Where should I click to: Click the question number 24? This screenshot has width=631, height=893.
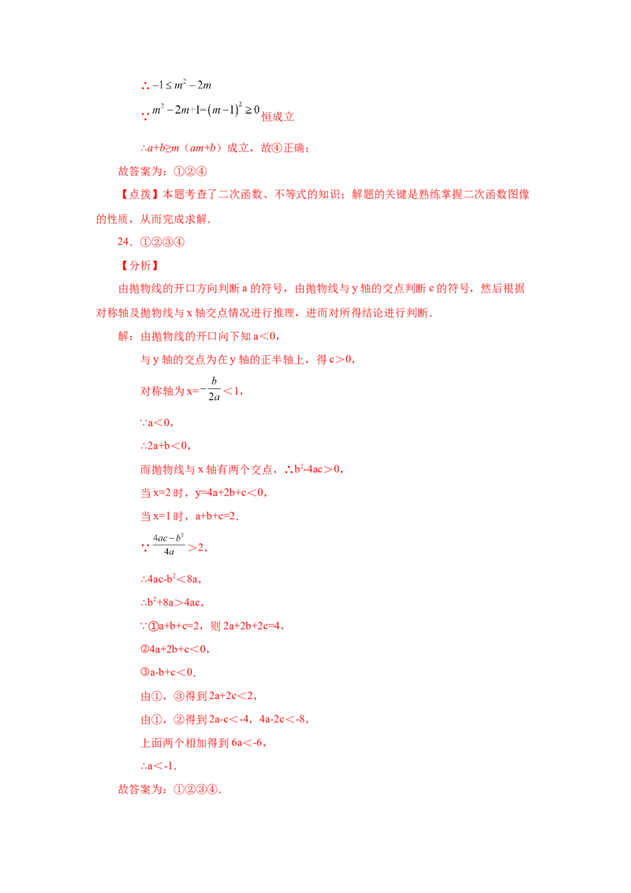coord(124,242)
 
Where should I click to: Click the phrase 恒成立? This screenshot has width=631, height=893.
coord(278,117)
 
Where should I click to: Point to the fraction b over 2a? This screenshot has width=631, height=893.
coord(214,389)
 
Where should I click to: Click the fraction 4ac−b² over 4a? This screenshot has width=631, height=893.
coord(169,544)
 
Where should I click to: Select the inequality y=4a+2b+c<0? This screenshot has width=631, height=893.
coord(230,492)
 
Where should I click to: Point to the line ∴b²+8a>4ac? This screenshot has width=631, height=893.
coord(171,603)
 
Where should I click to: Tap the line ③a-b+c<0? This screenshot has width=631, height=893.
coord(167,673)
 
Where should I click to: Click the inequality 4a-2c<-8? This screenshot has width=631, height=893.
coord(282,719)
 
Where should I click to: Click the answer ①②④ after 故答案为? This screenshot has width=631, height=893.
coord(190,171)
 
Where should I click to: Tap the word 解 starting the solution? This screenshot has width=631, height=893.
coord(124,337)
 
